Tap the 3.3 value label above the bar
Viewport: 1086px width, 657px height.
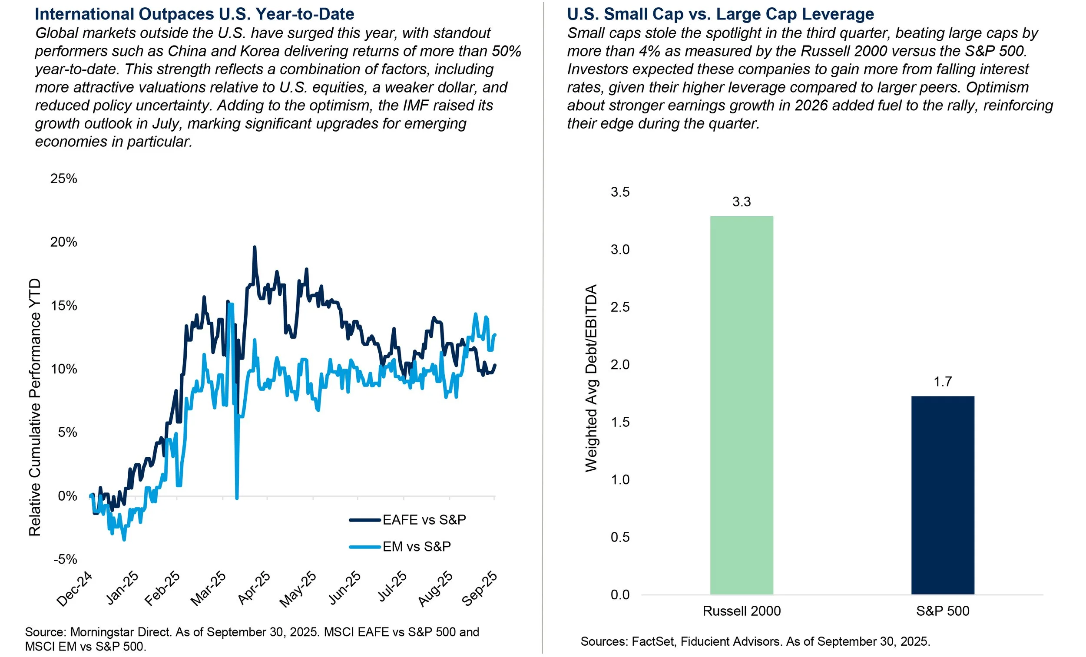point(742,202)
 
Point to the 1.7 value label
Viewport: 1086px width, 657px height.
point(942,382)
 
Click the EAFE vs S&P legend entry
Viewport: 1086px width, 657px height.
point(424,520)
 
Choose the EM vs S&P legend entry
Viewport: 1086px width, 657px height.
point(416,546)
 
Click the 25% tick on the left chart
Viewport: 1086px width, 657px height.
point(64,178)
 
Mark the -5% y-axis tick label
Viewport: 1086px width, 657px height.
point(65,559)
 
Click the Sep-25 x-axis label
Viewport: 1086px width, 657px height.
point(480,589)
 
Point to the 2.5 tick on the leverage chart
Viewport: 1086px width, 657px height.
point(620,307)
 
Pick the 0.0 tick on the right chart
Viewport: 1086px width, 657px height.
point(620,595)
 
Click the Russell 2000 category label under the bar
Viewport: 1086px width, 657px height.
point(742,611)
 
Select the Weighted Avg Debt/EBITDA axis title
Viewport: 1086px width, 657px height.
point(591,378)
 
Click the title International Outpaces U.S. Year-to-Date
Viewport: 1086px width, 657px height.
point(194,14)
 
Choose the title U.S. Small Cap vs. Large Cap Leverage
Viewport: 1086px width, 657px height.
point(720,14)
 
